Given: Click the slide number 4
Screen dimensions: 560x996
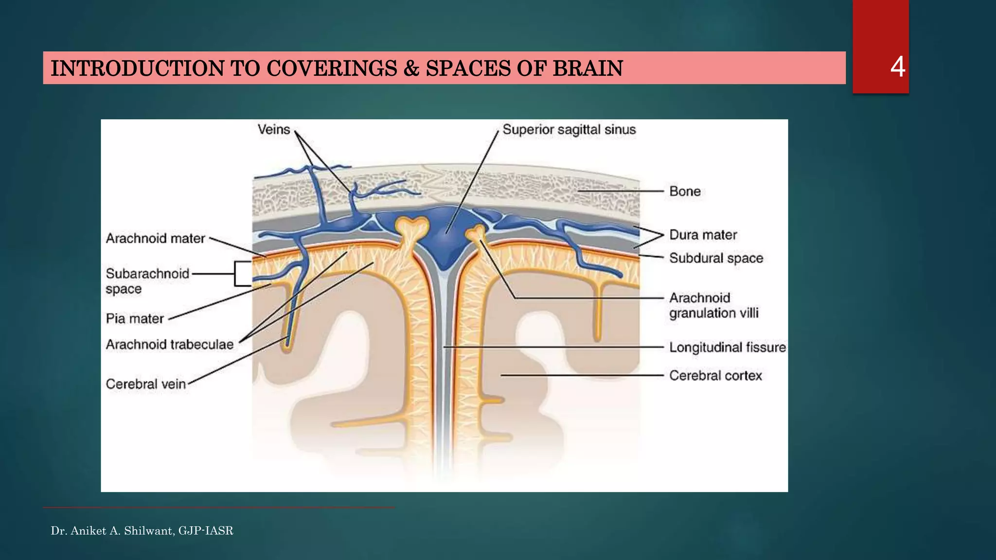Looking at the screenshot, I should point(897,67).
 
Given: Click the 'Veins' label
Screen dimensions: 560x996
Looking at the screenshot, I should point(274,130).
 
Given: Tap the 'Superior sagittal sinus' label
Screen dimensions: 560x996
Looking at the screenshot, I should point(569,130).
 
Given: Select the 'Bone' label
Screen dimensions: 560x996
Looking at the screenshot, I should point(685,192).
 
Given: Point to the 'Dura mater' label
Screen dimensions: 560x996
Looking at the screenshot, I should point(703,235).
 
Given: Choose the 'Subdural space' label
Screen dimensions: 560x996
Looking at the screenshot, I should point(716,258).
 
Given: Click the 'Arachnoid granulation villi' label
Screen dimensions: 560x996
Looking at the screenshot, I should point(713,305).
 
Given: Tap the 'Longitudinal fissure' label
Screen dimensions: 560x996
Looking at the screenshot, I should point(727,348).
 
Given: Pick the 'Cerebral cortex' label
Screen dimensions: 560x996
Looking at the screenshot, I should point(715,376).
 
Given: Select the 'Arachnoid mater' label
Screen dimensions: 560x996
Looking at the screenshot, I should point(155,239).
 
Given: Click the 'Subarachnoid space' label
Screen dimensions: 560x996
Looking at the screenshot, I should point(147,281).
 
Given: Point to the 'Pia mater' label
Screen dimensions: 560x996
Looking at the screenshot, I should point(135,319).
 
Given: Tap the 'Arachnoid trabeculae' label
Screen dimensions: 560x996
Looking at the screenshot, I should point(170,345).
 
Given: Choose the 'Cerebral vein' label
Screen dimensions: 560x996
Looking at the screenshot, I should point(146,384).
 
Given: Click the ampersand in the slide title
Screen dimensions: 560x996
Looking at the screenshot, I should point(411,69).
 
